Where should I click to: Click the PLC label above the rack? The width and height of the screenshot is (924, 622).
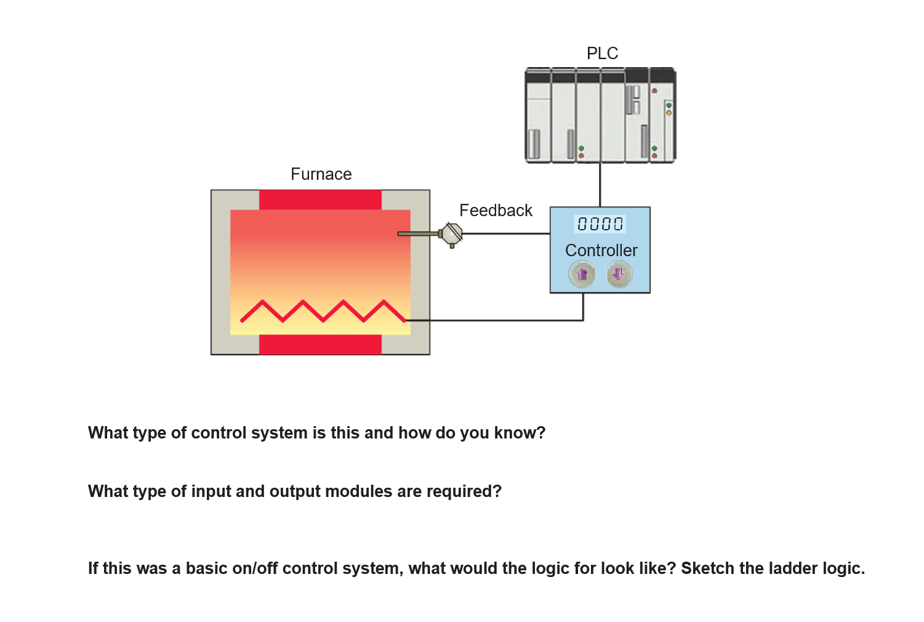(602, 54)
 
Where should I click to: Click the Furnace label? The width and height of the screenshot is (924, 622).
(321, 174)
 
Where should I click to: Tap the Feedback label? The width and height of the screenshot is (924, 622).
(496, 211)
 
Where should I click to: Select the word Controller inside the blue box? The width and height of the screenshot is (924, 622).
(601, 251)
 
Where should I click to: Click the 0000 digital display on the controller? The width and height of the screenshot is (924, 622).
(600, 224)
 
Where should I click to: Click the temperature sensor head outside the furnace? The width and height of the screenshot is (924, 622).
(452, 234)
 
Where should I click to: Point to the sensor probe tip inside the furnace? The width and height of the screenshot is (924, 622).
(401, 234)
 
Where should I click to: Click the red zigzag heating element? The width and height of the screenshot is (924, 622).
(323, 311)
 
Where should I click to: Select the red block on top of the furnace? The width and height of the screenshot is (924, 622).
(320, 200)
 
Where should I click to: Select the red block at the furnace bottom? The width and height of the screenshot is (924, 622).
(320, 344)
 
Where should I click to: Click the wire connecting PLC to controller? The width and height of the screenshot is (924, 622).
(600, 185)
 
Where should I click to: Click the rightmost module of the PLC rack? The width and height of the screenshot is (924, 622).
(662, 116)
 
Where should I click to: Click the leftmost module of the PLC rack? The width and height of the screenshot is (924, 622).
(537, 116)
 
